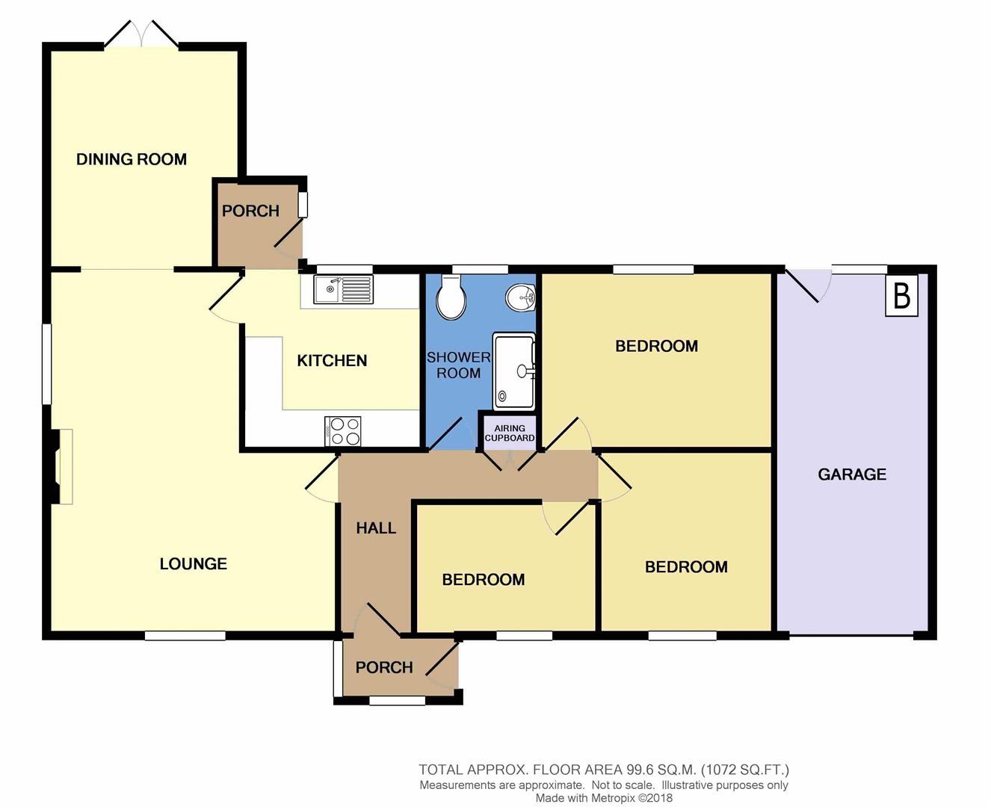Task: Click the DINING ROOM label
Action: tap(132, 159)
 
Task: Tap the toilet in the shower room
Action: tap(451, 297)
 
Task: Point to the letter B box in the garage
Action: tap(901, 296)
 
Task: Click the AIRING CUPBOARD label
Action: tap(510, 433)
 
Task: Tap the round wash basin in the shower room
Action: tap(521, 298)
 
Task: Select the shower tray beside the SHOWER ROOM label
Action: tap(514, 371)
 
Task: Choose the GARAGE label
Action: tap(852, 474)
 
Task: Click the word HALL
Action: tap(376, 528)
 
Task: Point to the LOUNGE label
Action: tap(194, 564)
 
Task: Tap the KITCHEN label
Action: tap(332, 361)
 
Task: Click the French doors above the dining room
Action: tap(141, 34)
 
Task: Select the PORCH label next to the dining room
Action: tap(250, 211)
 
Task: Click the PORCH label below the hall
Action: tap(384, 667)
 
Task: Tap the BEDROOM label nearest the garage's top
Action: tap(656, 346)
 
